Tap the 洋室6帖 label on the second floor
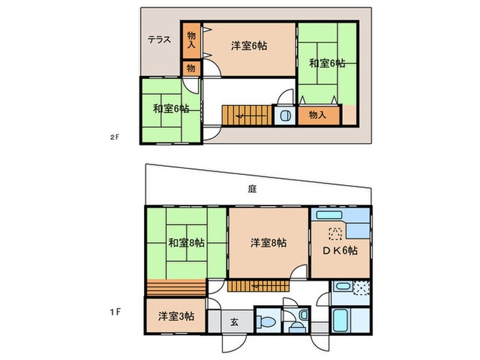point(248,46)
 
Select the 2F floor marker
point(115,137)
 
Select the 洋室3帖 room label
point(176,316)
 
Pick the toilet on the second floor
point(283,115)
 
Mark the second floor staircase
point(245,115)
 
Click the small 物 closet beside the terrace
point(191,69)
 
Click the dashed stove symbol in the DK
point(335,232)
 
